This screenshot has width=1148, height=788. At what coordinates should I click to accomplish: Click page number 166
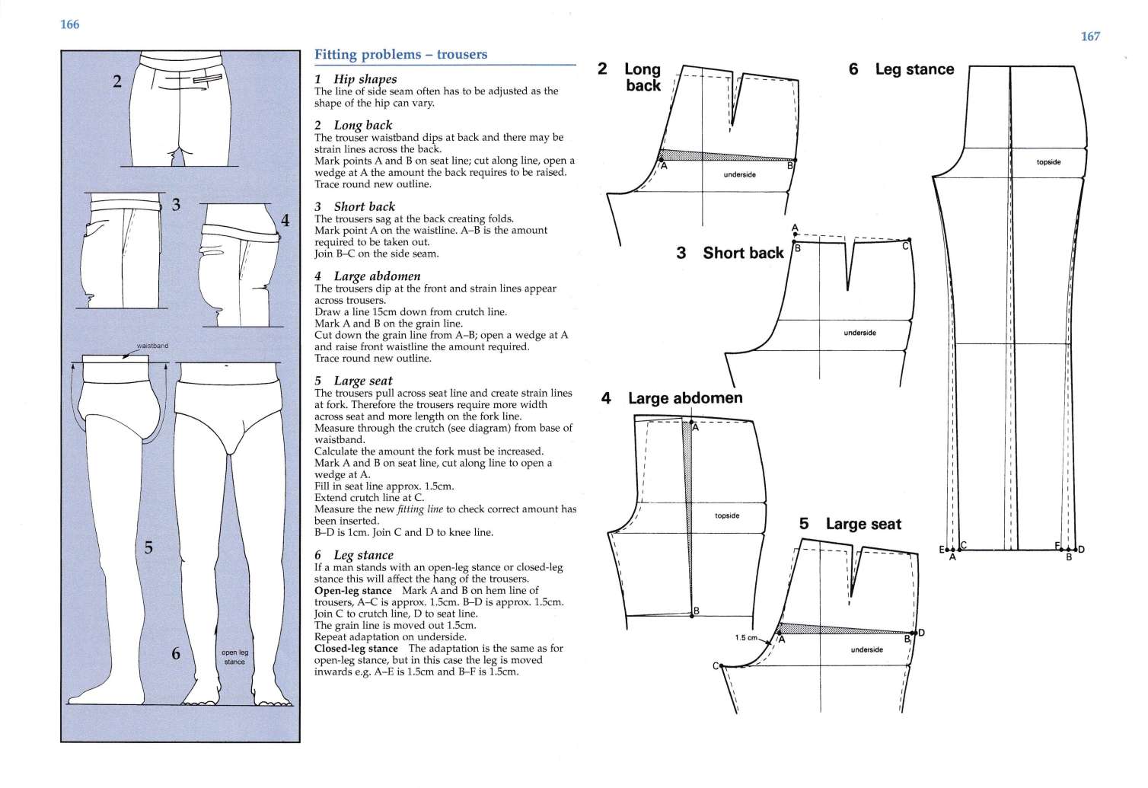pos(69,24)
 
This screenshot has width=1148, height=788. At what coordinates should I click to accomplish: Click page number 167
pos(1090,37)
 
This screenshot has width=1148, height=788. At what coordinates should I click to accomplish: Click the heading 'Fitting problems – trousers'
pos(400,55)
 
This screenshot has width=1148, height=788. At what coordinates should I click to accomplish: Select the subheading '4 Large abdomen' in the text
pos(367,276)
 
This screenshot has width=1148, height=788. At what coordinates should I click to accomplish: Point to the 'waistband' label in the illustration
pos(152,346)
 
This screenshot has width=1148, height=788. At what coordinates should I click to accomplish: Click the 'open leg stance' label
pos(234,657)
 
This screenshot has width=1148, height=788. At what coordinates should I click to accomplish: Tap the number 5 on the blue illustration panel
pos(148,547)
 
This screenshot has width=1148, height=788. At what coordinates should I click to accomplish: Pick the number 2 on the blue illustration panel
pos(117,81)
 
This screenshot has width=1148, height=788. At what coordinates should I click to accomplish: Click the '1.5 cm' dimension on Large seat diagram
pos(745,637)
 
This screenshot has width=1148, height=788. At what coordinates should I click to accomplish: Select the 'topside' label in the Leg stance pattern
pos(1048,162)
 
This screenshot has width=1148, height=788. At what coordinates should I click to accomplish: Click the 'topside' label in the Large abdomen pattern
pos(727,515)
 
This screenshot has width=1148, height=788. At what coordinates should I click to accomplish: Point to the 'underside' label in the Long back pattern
pos(739,175)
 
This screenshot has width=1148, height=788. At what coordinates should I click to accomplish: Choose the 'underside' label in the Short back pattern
pos(859,333)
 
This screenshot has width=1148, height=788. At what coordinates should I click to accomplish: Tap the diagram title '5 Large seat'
pos(850,524)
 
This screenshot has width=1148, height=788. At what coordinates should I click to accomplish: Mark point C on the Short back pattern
pos(906,245)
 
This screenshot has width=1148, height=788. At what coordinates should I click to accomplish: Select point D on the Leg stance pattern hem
pos(1080,549)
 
